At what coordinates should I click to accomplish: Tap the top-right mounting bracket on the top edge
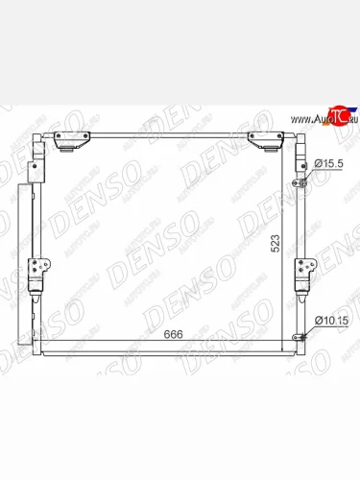(262, 141)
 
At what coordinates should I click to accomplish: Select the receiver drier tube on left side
(37, 230)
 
